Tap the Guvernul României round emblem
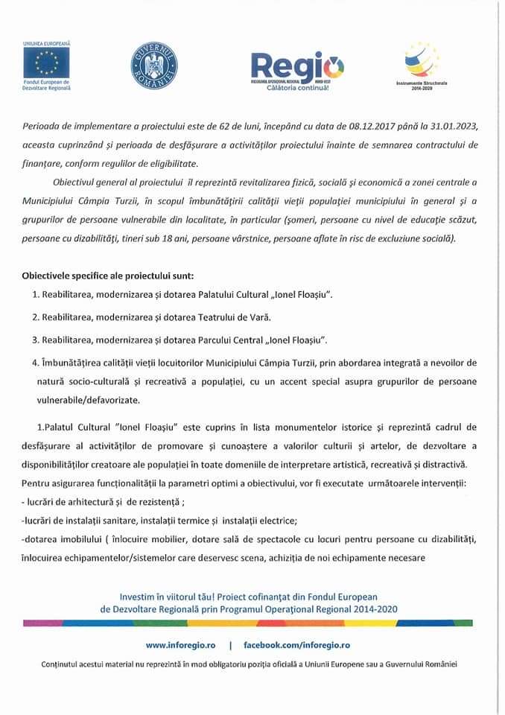point(156,66)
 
